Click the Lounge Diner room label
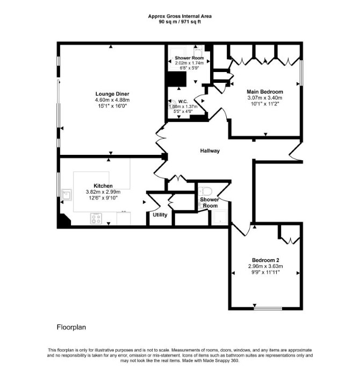pos(112,94)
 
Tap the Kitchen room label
pos(103,186)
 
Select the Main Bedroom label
pos(265,92)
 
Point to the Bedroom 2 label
pos(265,260)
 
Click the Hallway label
pos(210,151)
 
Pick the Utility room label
pos(160,215)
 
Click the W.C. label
pos(183,102)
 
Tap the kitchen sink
pos(67,195)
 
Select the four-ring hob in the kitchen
pos(96,218)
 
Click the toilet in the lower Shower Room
pos(206,191)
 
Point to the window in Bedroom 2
pos(268,308)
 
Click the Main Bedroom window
pos(301,73)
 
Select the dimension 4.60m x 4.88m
pos(112,100)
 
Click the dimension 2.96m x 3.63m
pos(265,266)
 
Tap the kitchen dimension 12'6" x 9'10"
pos(103,198)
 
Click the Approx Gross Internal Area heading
pos(179,16)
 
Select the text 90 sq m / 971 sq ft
pos(179,22)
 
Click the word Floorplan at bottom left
pos(71,328)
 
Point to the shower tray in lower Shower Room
pos(219,217)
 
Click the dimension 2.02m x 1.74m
pos(189,63)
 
